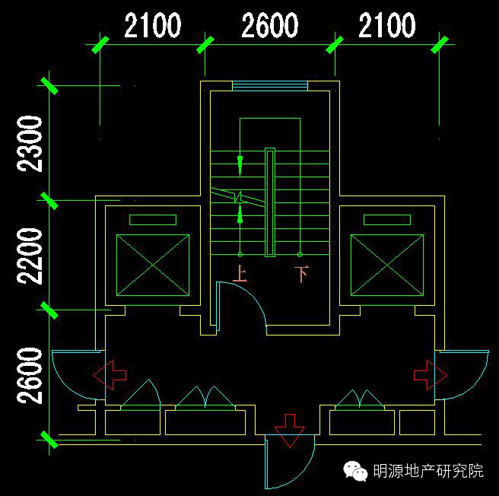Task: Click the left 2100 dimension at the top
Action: [x=153, y=26]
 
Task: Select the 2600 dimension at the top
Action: [x=270, y=26]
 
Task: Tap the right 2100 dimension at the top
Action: [x=387, y=26]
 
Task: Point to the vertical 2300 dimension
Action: [x=30, y=143]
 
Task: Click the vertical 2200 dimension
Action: [x=30, y=255]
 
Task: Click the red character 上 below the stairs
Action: [x=240, y=274]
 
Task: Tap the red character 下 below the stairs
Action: [x=301, y=274]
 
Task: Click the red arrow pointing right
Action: [x=431, y=374]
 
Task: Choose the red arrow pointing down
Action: [x=289, y=429]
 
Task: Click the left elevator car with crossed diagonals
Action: [x=152, y=265]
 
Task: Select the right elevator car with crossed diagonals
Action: [x=386, y=265]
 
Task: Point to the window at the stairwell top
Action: [x=269, y=85]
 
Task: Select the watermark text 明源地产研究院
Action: [x=428, y=472]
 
